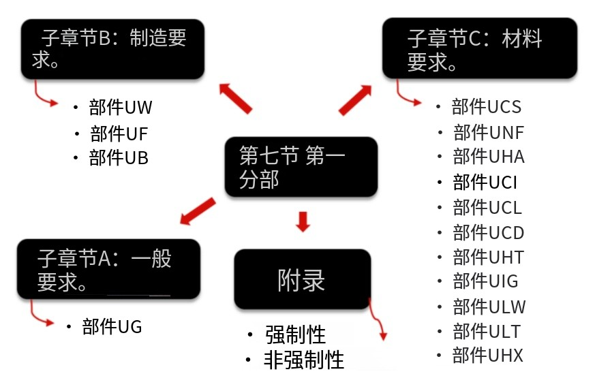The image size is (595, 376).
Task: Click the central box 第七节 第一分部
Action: click(301, 168)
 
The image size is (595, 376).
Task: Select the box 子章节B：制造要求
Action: click(112, 48)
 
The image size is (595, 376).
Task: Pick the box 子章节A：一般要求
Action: click(109, 268)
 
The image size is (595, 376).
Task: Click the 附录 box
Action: click(302, 280)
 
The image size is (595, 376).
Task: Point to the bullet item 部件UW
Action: click(121, 107)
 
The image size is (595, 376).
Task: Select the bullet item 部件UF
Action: click(119, 133)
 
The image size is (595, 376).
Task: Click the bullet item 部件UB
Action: click(119, 158)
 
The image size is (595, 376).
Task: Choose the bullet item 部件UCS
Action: click(487, 107)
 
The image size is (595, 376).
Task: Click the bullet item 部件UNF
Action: click(488, 132)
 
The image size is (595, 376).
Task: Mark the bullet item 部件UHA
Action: click(488, 157)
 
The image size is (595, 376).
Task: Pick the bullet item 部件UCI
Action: click(485, 182)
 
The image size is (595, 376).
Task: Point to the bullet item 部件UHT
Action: click(488, 257)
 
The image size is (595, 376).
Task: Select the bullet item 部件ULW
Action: click(489, 307)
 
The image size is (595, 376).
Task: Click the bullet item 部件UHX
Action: click(488, 356)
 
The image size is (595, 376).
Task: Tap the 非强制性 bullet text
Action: click(303, 360)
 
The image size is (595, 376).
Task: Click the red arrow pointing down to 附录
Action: click(303, 221)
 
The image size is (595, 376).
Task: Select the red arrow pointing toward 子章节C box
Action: click(355, 99)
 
